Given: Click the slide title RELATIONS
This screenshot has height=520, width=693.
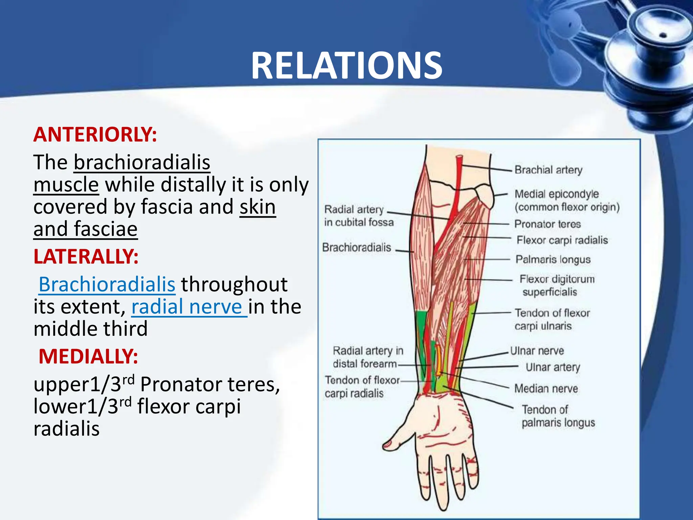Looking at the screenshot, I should point(346,65).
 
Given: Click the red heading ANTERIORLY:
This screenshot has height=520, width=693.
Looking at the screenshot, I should point(95,134).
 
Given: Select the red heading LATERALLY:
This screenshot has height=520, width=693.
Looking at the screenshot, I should point(86,256).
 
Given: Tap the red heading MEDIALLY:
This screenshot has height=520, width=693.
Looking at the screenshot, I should point(88,356).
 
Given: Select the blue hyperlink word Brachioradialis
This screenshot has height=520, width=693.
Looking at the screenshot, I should point(107,284).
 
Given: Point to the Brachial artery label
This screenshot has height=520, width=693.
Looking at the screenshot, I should point(548,170).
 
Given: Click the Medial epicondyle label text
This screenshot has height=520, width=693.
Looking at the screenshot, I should point(557,194).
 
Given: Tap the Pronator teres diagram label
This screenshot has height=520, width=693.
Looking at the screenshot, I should point(547,224).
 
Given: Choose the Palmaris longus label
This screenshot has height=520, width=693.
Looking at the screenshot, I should point(553,259).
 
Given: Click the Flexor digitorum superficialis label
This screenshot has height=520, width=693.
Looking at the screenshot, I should point(557,285).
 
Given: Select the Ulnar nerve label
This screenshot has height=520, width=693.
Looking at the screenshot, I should point(537,351).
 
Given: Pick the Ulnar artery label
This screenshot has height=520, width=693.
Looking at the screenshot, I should point(553,367).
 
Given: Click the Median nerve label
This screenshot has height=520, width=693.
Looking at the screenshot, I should point(546,388).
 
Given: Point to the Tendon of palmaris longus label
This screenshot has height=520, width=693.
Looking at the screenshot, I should point(558,416).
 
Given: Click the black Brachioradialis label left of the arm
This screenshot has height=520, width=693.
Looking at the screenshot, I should point(356,247).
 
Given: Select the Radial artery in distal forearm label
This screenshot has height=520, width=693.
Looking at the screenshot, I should point(367,357).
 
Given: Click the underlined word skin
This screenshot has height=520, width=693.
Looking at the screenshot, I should point(258,207).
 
